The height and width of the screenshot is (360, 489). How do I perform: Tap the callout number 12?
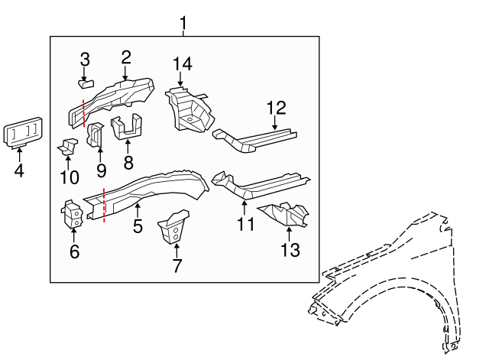tap(275, 108)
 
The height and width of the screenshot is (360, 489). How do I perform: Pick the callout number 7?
tap(176, 267)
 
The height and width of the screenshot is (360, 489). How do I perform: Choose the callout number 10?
tap(69, 177)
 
